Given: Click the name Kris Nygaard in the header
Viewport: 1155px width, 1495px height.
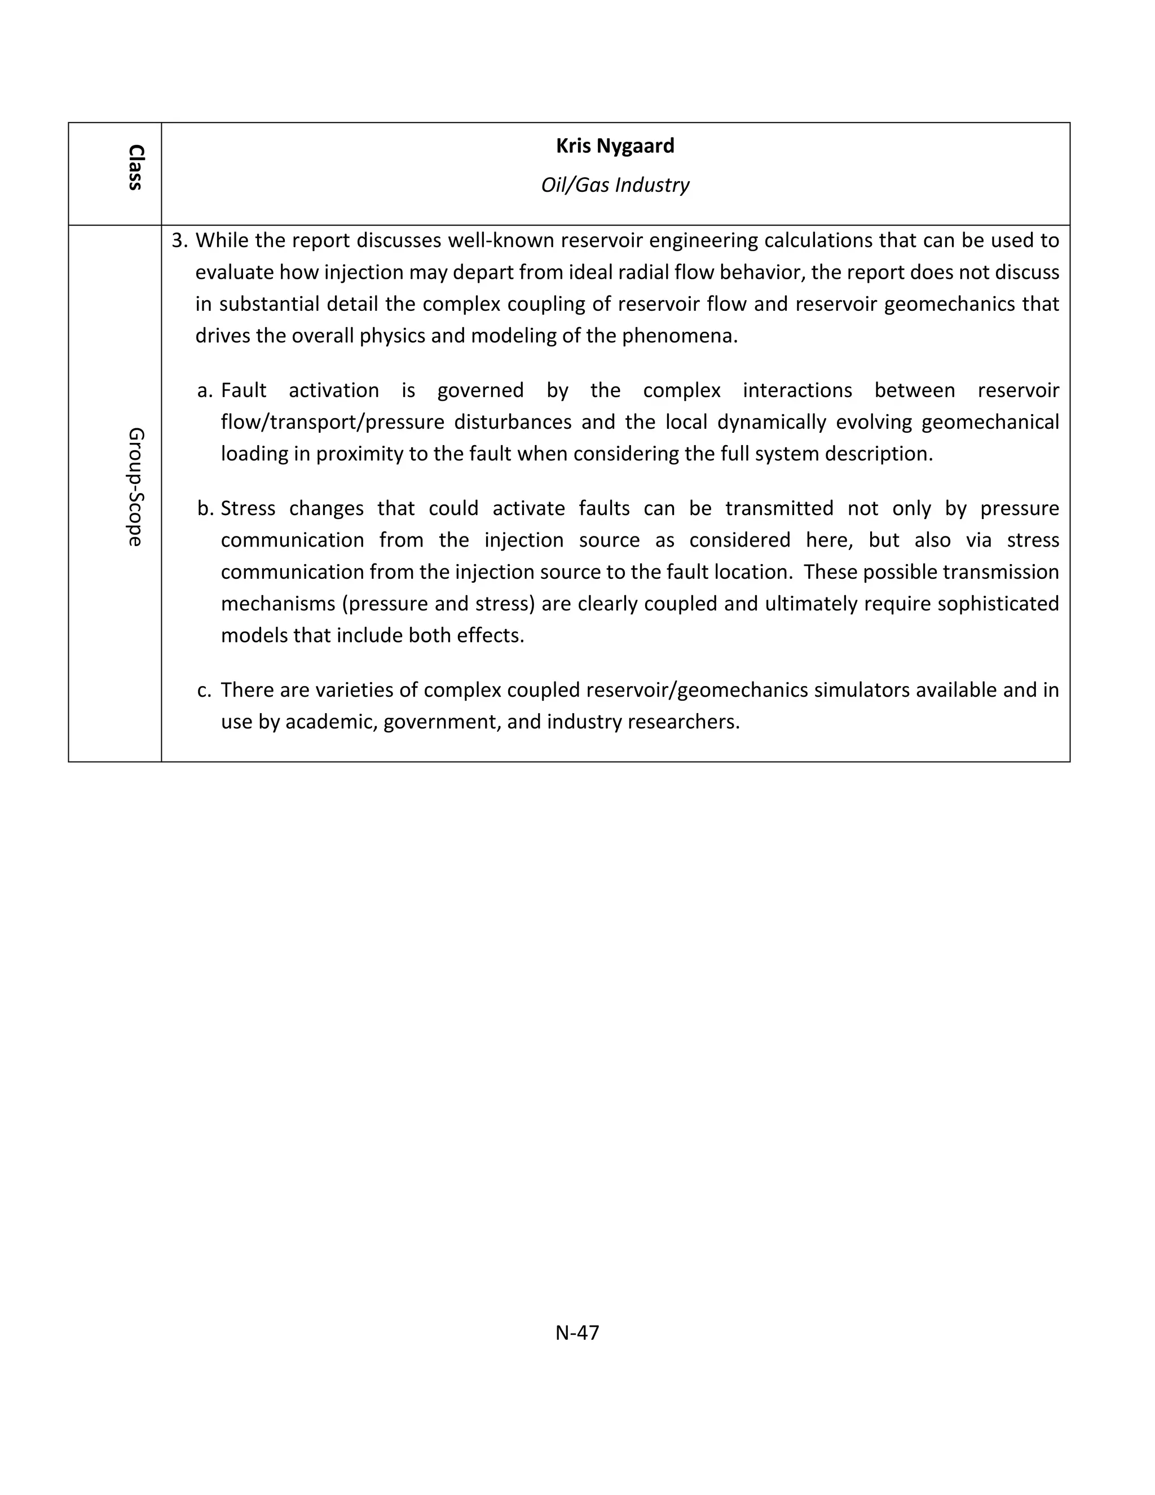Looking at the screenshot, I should tap(615, 146).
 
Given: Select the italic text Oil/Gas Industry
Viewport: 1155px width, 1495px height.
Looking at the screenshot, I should tap(615, 185).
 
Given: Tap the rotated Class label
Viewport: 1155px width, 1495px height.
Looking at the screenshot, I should tap(135, 167).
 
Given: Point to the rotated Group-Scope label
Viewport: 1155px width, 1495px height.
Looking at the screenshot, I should tap(135, 487).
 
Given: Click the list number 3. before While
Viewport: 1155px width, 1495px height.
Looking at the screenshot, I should tap(179, 241).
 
